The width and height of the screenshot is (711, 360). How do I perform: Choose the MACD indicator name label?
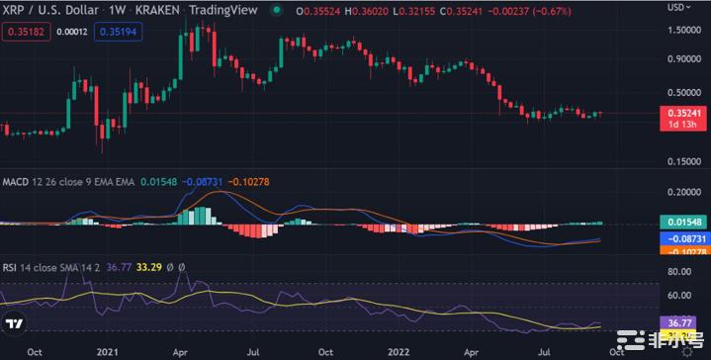(x=15, y=182)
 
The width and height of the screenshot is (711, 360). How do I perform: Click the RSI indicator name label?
(x=10, y=266)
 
